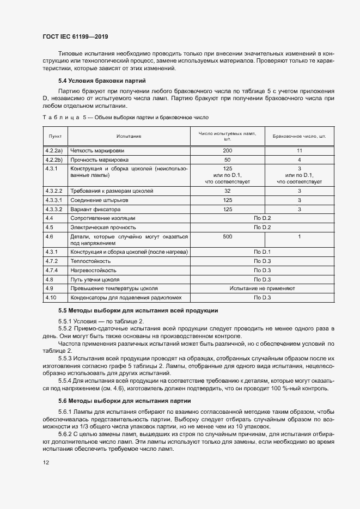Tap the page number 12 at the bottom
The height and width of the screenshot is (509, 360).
(46, 462)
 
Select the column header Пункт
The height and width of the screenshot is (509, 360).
(55, 136)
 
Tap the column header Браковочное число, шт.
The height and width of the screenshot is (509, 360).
(299, 136)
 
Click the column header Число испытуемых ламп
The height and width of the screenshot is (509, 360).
(228, 136)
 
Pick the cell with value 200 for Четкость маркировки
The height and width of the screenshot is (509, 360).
(228, 150)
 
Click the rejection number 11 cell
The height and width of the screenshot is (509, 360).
(299, 150)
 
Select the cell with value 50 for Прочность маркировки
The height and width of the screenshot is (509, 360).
(228, 160)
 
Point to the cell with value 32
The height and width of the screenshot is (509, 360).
(228, 191)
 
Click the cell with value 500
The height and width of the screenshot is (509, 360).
(228, 237)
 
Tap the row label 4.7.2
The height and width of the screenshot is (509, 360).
(52, 261)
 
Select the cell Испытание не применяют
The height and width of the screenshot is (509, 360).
(263, 288)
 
